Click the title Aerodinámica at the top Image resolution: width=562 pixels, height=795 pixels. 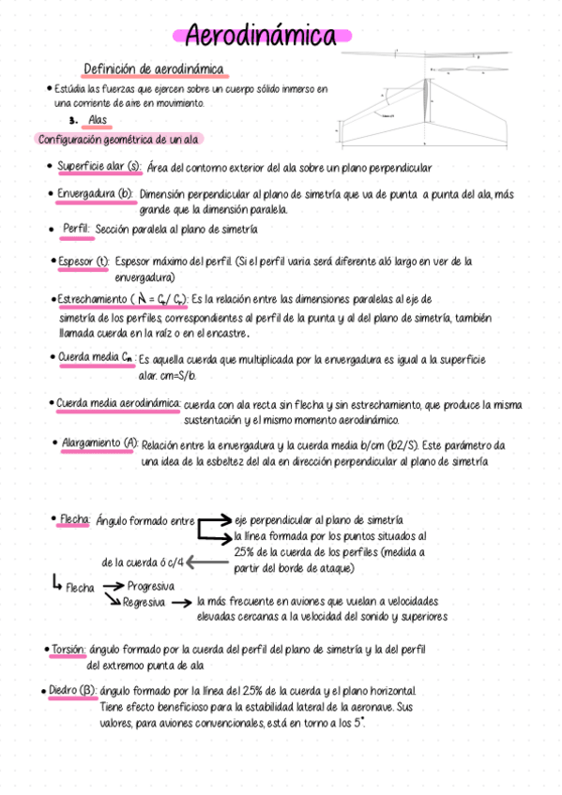[262, 36]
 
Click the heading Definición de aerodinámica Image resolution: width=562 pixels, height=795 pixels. [153, 68]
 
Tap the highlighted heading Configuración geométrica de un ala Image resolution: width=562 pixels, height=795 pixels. [117, 139]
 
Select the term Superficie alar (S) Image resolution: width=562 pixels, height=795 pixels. [99, 168]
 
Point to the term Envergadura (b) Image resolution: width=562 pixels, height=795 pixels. [96, 194]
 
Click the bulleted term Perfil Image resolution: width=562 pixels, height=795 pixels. [76, 228]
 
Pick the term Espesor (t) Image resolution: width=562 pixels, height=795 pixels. [84, 261]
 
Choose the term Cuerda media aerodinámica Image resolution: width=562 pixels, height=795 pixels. [118, 404]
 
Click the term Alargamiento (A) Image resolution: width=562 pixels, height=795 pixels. [99, 442]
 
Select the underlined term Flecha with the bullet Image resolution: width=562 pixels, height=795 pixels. [74, 518]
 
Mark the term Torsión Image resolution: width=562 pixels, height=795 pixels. [68, 649]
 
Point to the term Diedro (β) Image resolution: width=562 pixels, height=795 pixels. [72, 691]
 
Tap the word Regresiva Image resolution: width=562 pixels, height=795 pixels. [144, 602]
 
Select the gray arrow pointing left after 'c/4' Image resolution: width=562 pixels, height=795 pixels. [203, 562]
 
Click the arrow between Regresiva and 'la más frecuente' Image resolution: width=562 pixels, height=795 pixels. [182, 603]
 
